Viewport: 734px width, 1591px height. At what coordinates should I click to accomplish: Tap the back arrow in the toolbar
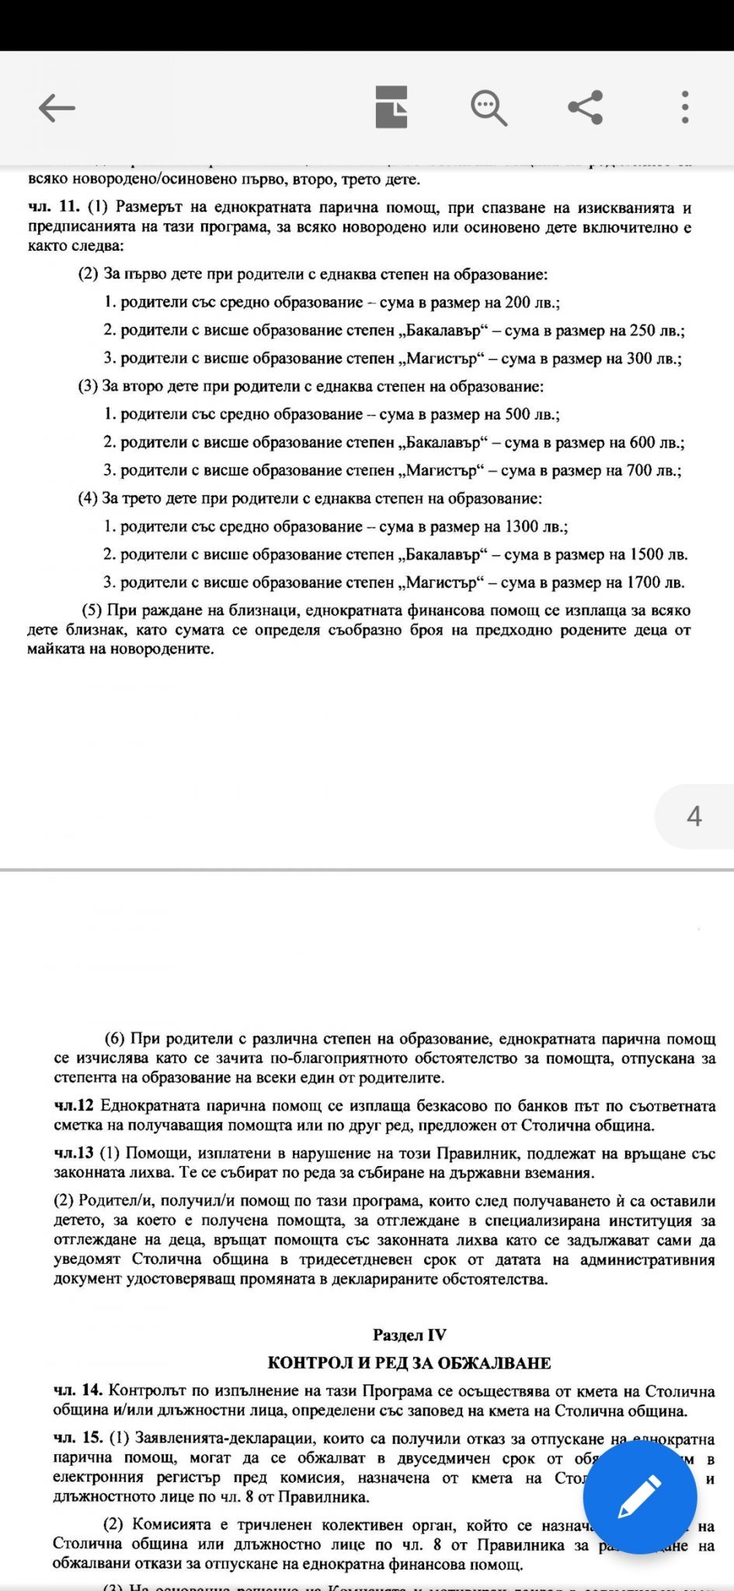tap(57, 108)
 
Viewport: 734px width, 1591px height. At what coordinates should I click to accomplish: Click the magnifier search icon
tap(489, 107)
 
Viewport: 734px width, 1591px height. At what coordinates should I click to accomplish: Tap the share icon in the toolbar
tap(586, 107)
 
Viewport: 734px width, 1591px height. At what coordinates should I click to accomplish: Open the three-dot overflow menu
tap(684, 107)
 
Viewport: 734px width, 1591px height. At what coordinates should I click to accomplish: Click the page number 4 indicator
tap(694, 816)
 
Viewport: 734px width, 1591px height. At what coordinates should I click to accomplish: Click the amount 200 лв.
tap(532, 302)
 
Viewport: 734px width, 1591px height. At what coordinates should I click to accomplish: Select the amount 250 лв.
tap(657, 330)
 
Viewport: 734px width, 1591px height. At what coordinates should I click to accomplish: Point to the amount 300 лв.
tap(653, 358)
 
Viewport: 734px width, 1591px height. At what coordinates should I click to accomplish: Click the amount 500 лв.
tap(532, 414)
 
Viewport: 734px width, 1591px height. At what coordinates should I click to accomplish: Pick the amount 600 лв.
tap(657, 442)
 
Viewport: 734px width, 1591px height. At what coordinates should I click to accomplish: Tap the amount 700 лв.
tap(653, 470)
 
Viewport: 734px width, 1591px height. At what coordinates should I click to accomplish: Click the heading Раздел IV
tap(409, 1335)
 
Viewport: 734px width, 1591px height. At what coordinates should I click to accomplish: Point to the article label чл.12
tap(74, 1105)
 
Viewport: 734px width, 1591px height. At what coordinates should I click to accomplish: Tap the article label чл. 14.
tap(78, 1389)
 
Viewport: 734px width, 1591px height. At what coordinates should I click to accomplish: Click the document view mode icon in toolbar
tap(391, 107)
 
